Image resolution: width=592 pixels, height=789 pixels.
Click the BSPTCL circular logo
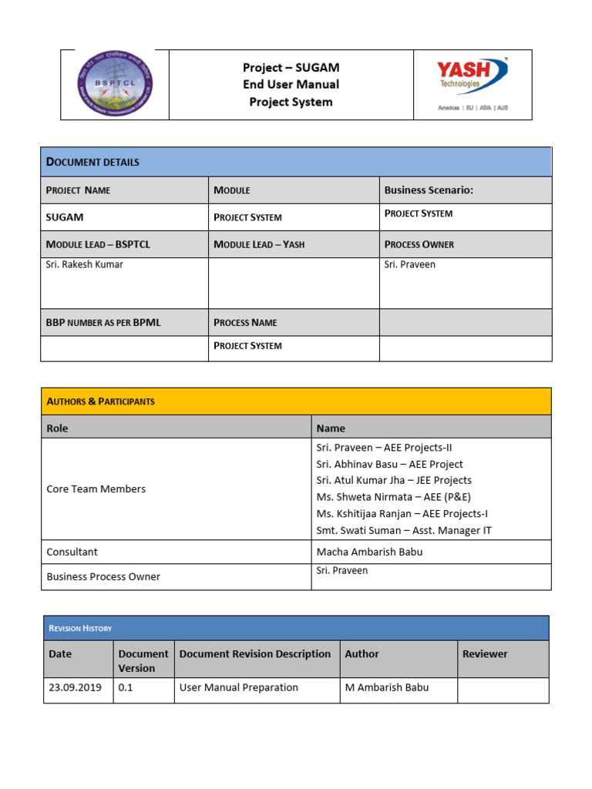coord(115,84)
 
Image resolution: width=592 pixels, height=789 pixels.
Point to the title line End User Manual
coord(291,84)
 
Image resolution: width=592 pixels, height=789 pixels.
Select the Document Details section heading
coord(93,162)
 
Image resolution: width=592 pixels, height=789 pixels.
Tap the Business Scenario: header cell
coord(429,190)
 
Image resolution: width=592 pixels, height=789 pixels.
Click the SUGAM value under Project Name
coord(65,217)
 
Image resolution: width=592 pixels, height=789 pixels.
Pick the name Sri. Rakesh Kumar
coord(85,264)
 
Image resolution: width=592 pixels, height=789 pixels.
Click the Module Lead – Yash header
coord(259,244)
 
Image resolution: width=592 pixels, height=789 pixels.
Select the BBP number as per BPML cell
coord(103,322)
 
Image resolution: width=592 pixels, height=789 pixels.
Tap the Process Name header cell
coord(245,322)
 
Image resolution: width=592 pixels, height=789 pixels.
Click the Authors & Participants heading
coord(101,401)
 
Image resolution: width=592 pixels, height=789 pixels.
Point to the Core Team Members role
coord(96,489)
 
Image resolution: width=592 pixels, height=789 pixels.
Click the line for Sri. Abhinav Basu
coord(389,464)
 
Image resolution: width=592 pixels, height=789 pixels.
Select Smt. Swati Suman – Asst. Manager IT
coord(404,530)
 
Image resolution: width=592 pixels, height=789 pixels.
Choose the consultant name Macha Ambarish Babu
coord(369,552)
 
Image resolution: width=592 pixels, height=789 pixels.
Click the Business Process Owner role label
coord(103,576)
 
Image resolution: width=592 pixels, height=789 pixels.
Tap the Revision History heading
coord(80,628)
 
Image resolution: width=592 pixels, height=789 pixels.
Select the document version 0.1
coord(126,687)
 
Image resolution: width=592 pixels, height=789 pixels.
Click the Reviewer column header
coord(485,653)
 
